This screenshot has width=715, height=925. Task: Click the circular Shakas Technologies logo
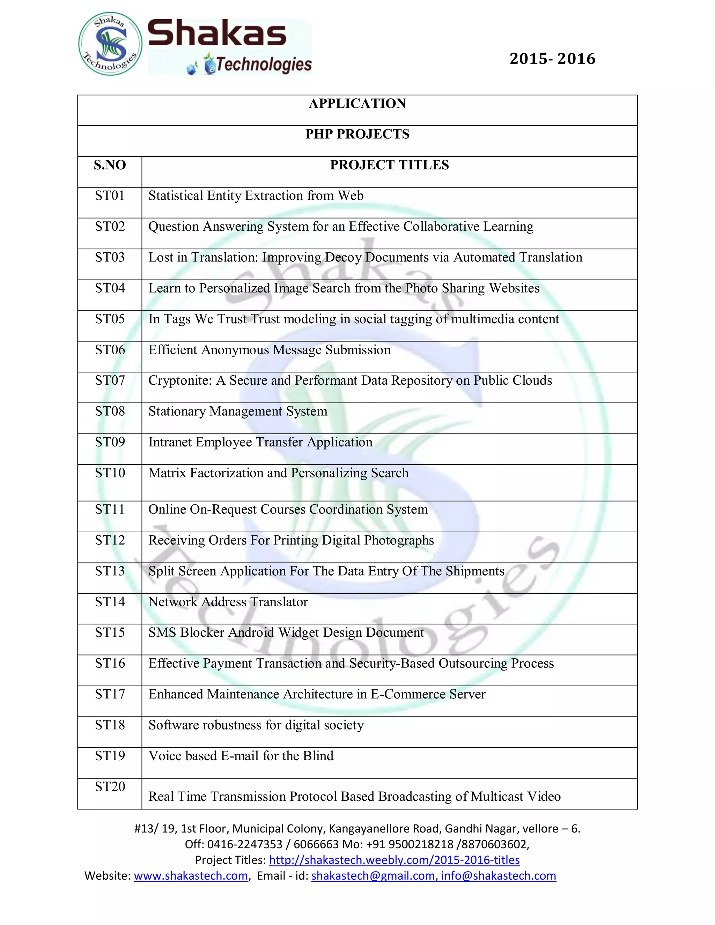point(110,44)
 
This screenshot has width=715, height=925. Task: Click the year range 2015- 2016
point(552,59)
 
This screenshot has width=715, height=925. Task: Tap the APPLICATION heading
point(357,104)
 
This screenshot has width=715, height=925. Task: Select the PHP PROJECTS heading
point(357,134)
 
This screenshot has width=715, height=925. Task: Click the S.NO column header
point(110,165)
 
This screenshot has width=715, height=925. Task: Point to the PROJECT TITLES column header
point(389,165)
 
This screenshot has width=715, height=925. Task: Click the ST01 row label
point(110,196)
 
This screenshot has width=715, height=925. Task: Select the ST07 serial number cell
point(110,381)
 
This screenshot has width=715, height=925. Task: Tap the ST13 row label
point(110,571)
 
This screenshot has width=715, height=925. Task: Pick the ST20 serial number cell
point(110,787)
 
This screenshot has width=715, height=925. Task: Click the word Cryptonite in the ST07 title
point(179,381)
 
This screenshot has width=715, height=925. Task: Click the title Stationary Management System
point(238,412)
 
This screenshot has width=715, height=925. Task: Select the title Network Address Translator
point(228,602)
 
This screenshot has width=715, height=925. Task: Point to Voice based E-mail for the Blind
point(241,756)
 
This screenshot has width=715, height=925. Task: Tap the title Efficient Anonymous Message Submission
point(270,350)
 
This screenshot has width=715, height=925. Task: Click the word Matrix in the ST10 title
point(167,473)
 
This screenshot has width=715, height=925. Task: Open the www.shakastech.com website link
point(191,876)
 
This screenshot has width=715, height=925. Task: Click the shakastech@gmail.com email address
point(373,876)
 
